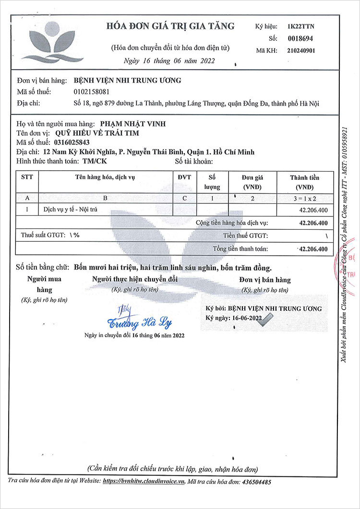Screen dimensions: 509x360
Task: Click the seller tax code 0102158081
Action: coord(92,92)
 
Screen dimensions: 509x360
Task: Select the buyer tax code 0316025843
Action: coord(72,142)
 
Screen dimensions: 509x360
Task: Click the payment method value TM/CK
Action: coord(89,161)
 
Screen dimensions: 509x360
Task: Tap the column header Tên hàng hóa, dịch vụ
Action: coord(105,177)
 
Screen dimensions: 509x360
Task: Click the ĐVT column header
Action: coord(184,177)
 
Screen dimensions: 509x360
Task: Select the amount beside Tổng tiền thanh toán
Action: coord(313,249)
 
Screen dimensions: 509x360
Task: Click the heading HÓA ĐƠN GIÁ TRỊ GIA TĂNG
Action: coord(170,26)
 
